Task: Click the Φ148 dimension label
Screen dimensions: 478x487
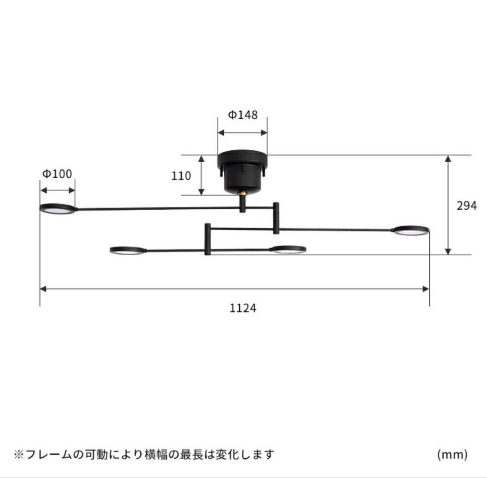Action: [x=243, y=115]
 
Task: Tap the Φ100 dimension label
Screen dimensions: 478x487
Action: [x=57, y=174]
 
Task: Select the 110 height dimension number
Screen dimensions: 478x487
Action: [x=181, y=176]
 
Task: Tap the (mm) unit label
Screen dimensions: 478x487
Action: [x=452, y=455]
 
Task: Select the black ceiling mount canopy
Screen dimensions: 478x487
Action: [x=243, y=171]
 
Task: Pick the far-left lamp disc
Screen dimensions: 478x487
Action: [x=57, y=208]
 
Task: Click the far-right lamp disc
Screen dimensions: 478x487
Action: [x=410, y=231]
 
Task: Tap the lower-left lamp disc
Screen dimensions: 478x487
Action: [x=128, y=250]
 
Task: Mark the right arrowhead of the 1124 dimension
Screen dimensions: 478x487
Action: [x=425, y=289]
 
